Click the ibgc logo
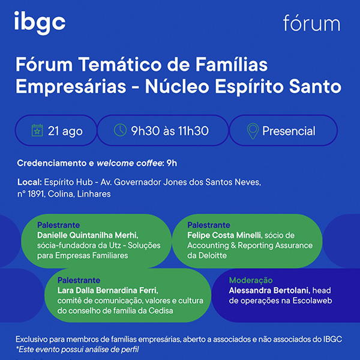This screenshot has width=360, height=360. [x=40, y=23]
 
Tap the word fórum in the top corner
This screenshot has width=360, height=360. [x=311, y=23]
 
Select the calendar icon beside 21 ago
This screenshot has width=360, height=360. [x=37, y=130]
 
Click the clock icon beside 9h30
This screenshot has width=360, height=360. [x=120, y=130]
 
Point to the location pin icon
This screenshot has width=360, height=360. [x=253, y=131]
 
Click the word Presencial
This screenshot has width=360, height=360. [x=289, y=131]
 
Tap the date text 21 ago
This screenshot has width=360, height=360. [x=65, y=131]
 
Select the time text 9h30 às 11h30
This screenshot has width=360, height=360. [x=170, y=131]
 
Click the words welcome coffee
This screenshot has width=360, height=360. [x=130, y=163]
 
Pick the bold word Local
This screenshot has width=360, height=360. [x=29, y=182]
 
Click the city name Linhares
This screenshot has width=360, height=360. [x=94, y=194]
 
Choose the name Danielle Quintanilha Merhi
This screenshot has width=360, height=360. [x=88, y=235]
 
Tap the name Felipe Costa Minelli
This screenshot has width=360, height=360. [x=225, y=235]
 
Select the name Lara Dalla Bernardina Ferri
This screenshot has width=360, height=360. [x=107, y=290]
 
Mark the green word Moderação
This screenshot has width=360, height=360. [x=251, y=280]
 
